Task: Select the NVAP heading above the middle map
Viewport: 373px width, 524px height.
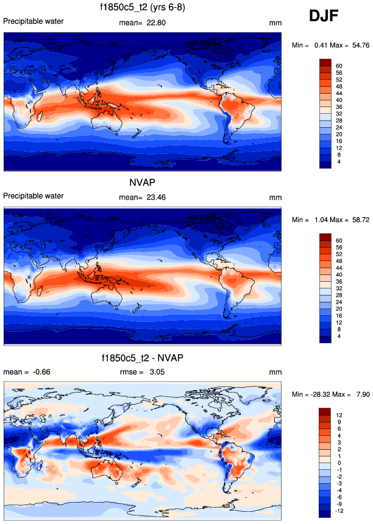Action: tap(141, 183)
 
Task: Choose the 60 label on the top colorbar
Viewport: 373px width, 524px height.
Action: tap(339, 66)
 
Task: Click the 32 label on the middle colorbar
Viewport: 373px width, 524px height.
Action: tap(339, 287)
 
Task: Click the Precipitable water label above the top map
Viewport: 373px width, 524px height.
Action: tap(34, 21)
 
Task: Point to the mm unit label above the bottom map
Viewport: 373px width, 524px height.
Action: tap(275, 372)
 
